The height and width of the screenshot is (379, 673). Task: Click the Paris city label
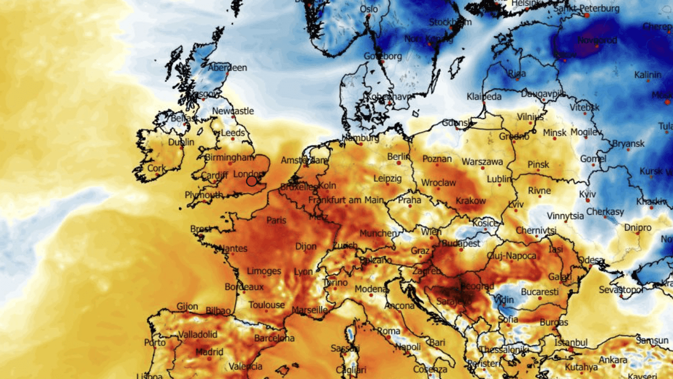click(x=276, y=220)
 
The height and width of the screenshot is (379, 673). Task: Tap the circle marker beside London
click(x=251, y=181)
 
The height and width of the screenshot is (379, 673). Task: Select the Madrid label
click(x=209, y=352)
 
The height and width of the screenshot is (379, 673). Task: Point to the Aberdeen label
click(x=228, y=68)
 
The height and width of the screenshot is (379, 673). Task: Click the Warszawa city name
click(x=482, y=162)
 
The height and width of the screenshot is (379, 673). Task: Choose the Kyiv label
click(x=587, y=194)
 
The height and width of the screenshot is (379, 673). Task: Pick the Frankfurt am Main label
click(x=346, y=200)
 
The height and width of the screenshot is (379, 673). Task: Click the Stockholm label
click(x=450, y=22)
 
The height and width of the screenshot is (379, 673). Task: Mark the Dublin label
click(x=181, y=143)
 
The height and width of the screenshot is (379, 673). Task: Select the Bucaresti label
click(x=539, y=292)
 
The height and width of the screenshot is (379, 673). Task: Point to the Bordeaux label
click(x=244, y=287)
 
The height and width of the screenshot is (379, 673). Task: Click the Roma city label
click(x=389, y=331)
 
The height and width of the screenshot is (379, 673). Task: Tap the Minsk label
click(x=555, y=132)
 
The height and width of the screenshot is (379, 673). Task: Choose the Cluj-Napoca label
click(x=511, y=256)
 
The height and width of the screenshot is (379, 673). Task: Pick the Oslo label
click(x=369, y=9)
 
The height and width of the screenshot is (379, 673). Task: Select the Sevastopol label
click(x=621, y=290)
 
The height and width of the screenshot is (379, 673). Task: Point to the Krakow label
click(x=470, y=201)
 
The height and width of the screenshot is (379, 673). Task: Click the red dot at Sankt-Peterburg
click(x=587, y=16)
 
